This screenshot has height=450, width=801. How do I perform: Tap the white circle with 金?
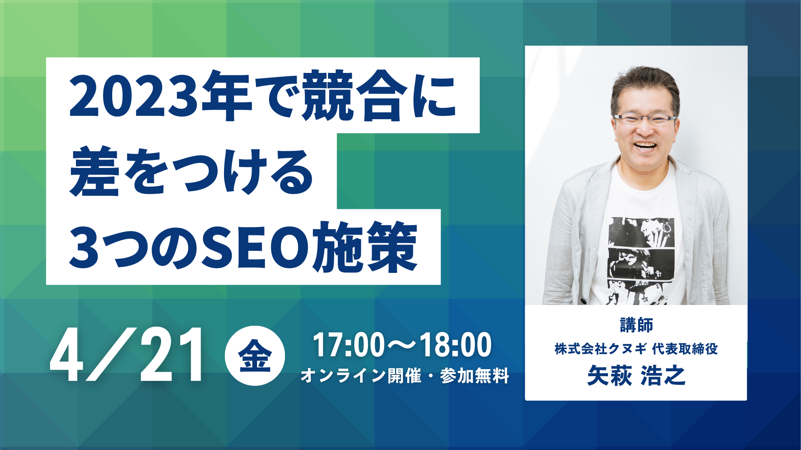click(x=255, y=355)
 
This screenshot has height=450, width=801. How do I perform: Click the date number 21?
click(x=171, y=355)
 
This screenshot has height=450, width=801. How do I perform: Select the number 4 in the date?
click(x=67, y=355)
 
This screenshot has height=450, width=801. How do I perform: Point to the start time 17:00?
click(x=349, y=345)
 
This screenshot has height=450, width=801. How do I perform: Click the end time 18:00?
click(x=456, y=345)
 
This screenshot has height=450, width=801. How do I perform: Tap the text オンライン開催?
click(x=361, y=376)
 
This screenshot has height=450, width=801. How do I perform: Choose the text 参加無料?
click(x=474, y=376)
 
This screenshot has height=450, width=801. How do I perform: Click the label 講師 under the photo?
click(x=636, y=325)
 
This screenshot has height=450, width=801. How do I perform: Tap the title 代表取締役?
click(x=685, y=349)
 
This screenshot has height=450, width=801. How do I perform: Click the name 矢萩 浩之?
click(x=636, y=375)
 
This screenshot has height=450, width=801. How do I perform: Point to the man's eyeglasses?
click(x=645, y=119)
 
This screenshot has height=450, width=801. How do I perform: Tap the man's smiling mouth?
click(x=645, y=146)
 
